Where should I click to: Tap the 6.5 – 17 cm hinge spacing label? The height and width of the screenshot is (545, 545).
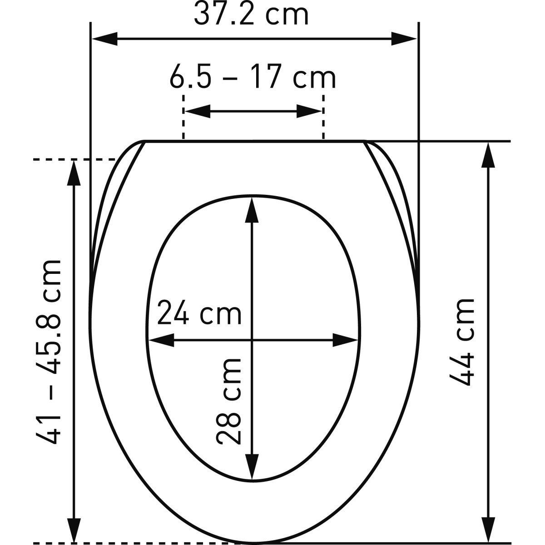(x=253, y=77)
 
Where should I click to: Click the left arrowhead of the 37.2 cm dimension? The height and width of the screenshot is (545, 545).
(x=104, y=39)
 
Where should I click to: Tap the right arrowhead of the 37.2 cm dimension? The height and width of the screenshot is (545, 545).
(x=404, y=39)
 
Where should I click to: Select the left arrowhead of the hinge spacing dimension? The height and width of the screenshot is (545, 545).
(x=198, y=111)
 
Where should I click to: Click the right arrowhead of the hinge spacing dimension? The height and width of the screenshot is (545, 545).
(x=309, y=111)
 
